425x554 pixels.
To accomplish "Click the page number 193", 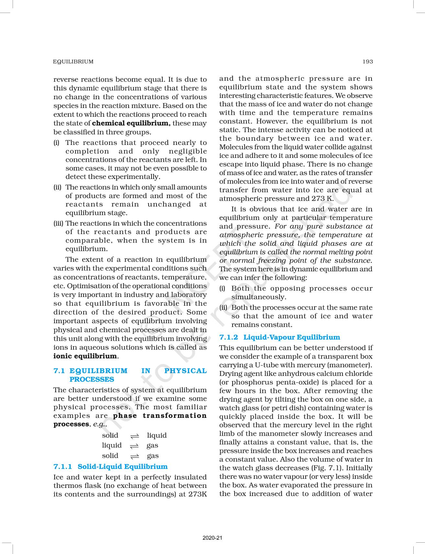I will (368, 62).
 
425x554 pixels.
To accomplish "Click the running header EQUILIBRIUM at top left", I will (73, 62).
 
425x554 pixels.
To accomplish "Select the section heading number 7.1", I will (59, 371).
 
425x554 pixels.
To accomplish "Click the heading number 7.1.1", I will (63, 466).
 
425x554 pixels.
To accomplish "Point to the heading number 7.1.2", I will (228, 337).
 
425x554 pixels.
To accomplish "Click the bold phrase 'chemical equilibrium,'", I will (131, 123).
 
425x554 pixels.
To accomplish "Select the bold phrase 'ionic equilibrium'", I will (85, 356).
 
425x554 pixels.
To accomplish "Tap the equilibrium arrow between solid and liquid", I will (134, 436).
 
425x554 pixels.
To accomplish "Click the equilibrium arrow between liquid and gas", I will (134, 446).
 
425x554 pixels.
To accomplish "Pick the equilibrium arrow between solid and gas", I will (134, 456).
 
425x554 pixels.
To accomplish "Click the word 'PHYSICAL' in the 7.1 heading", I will (185, 371).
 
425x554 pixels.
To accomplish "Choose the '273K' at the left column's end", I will (198, 494).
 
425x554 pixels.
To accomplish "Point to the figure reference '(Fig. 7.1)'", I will (327, 468).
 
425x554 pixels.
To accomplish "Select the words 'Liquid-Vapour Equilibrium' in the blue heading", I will (292, 337).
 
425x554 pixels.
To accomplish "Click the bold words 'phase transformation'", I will (160, 416).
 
